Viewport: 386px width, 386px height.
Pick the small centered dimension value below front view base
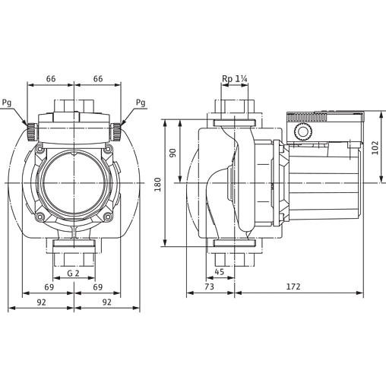74,271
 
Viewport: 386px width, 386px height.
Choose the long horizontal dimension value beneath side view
298,285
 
